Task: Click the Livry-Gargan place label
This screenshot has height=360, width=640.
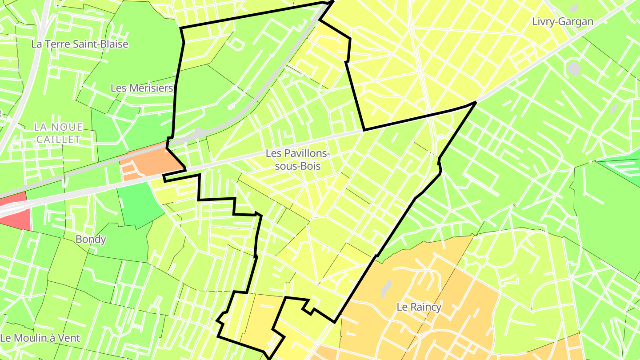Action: tap(562, 21)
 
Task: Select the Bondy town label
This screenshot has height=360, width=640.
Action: tap(91, 239)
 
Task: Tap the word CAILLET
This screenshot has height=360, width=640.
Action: tap(58, 139)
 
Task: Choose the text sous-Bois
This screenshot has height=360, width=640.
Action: tap(297, 166)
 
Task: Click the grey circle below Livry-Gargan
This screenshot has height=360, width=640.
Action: tap(574, 69)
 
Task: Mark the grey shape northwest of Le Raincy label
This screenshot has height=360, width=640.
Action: tap(385, 288)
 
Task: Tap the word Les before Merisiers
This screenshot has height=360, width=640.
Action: tap(119, 88)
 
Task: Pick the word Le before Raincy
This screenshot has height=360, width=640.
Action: tap(402, 307)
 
